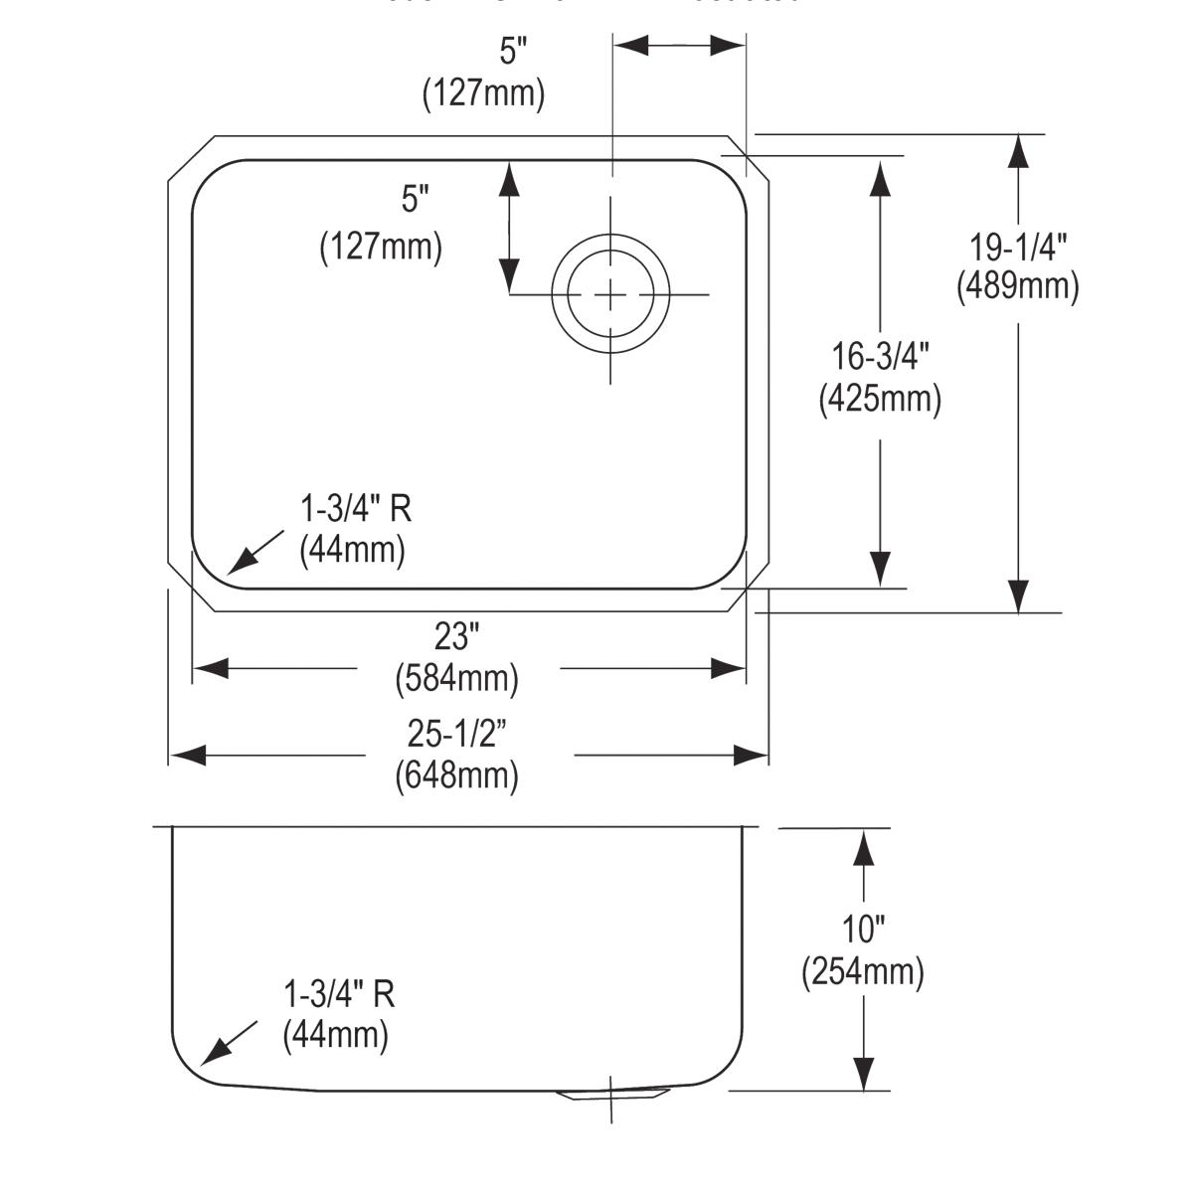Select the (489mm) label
click(x=1017, y=286)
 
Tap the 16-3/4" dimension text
click(x=880, y=356)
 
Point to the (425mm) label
click(x=880, y=399)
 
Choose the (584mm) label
click(x=457, y=679)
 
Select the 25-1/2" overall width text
click(x=457, y=734)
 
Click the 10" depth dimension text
click(x=863, y=930)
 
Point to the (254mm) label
click(x=863, y=971)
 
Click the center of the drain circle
click(x=610, y=294)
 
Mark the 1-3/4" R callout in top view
click(x=356, y=509)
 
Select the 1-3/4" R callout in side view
click(x=339, y=993)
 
